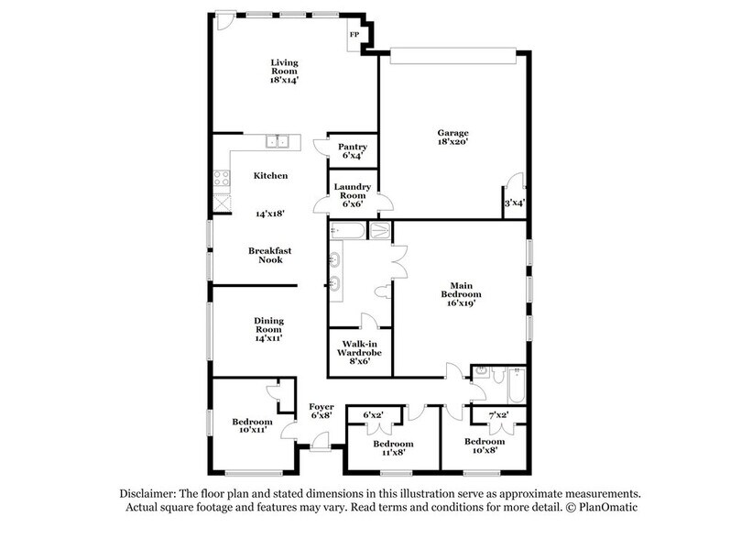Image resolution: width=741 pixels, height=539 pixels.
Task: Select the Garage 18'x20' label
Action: coord(452,139)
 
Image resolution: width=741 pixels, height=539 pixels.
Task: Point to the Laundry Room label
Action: coord(353,194)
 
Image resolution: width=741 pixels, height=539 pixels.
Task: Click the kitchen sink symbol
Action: coord(278,140)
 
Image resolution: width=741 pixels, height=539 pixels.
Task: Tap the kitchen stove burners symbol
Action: coord(220,180)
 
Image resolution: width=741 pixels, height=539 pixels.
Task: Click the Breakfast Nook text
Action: coord(270,254)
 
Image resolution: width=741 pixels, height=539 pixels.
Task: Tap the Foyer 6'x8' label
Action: coord(321,412)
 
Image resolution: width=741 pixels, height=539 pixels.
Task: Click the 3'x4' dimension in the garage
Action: coord(514,203)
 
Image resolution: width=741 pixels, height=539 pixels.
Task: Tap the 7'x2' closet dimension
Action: coord(497,415)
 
